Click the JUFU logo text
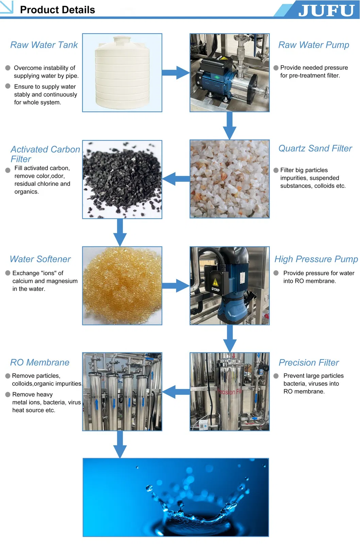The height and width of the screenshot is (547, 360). click(x=326, y=10)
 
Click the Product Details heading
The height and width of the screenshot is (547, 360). click(x=57, y=10)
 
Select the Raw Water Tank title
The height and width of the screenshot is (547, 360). click(x=44, y=45)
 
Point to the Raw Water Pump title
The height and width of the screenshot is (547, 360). click(x=313, y=45)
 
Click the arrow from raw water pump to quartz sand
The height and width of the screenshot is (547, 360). click(x=229, y=126)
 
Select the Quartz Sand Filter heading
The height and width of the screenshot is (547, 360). click(x=315, y=148)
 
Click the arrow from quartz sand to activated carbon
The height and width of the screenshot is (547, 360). click(x=176, y=179)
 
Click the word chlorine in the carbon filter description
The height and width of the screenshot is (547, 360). click(x=47, y=184)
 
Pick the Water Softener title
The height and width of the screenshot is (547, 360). click(x=40, y=259)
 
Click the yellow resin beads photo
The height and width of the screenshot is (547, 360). click(x=122, y=285)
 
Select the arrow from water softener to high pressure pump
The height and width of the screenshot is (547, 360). click(x=176, y=286)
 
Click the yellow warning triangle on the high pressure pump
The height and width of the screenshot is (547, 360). click(x=215, y=282)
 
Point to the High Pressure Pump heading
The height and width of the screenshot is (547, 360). click(x=316, y=259)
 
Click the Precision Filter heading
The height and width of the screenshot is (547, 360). click(x=309, y=363)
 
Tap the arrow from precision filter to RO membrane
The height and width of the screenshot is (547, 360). click(x=176, y=392)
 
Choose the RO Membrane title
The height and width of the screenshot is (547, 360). click(x=40, y=363)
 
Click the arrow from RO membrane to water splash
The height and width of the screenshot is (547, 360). click(x=120, y=444)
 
